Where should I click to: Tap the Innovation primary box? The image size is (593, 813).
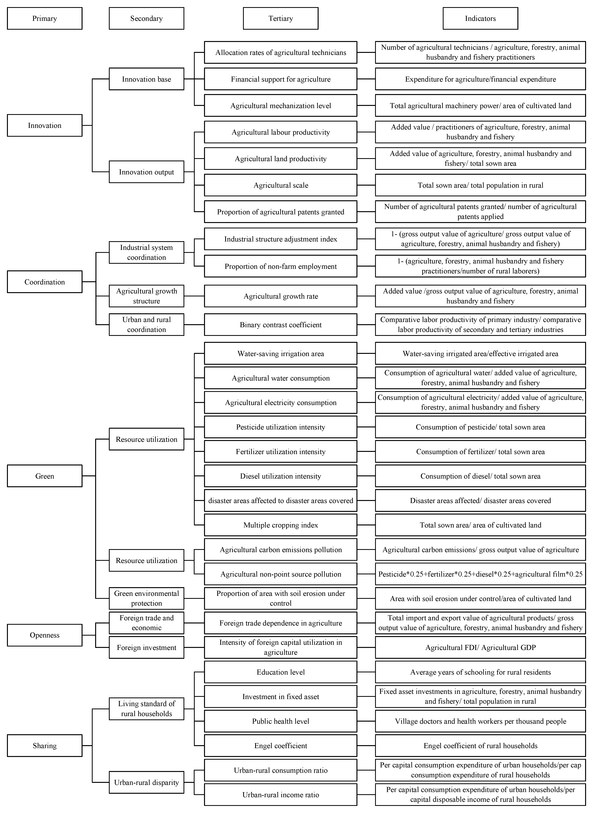[x=44, y=125]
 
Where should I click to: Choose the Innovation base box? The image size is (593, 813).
[x=146, y=79]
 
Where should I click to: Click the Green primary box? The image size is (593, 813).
[x=44, y=476]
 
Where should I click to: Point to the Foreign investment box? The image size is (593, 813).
[x=146, y=648]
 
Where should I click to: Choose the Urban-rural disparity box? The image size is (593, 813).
[x=146, y=783]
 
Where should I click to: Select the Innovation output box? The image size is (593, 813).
[x=146, y=172]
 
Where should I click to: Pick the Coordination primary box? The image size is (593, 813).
[x=44, y=282]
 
